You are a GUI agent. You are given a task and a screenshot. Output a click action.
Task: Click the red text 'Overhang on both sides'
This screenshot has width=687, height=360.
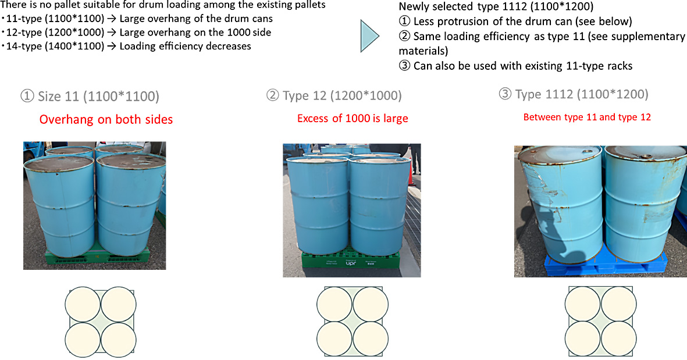coord(106,120)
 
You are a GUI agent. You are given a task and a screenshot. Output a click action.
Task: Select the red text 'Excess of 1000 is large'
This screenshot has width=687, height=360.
coord(353,119)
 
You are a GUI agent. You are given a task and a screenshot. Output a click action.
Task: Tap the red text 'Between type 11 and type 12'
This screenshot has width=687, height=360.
coord(587,117)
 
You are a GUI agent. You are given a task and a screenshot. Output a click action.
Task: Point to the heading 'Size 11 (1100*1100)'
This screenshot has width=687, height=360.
coord(90,96)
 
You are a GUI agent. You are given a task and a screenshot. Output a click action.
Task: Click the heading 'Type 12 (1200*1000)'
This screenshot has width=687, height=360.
coord(334,95)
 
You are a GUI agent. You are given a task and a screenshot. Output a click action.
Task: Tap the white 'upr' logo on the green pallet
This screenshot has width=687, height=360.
coord(350,262)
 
